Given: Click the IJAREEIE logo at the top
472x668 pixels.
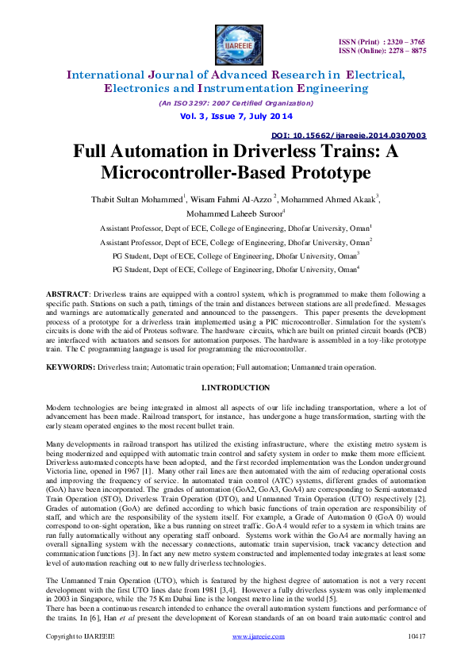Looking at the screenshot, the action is tap(235, 42).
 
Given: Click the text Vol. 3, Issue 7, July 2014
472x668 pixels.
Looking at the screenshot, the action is tap(235, 116).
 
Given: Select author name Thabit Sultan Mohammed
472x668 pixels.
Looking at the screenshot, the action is tap(142, 197).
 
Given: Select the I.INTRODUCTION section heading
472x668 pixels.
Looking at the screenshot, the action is tap(236, 387).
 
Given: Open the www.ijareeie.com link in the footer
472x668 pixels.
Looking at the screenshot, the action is tap(258, 658).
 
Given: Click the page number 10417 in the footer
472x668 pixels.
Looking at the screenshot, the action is tap(416, 658).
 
